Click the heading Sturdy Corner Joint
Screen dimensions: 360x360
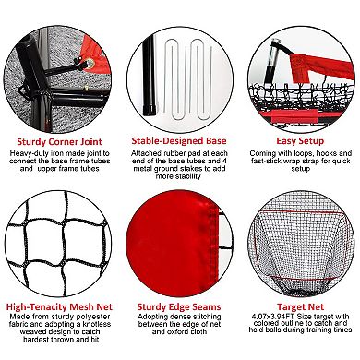[x=59, y=142]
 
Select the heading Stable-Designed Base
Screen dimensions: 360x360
[x=179, y=141]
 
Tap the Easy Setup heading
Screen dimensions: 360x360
[x=300, y=141]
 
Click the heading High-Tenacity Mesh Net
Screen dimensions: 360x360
[x=59, y=306]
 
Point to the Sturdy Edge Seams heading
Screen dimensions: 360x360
[x=179, y=306]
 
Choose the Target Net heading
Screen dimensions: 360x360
[x=300, y=306]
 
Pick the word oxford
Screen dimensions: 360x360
[x=178, y=331]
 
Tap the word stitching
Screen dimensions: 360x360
[x=206, y=317]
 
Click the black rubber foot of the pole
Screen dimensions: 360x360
[x=150, y=110]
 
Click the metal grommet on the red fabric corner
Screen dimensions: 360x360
[x=90, y=64]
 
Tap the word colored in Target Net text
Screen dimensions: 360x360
[x=267, y=323]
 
